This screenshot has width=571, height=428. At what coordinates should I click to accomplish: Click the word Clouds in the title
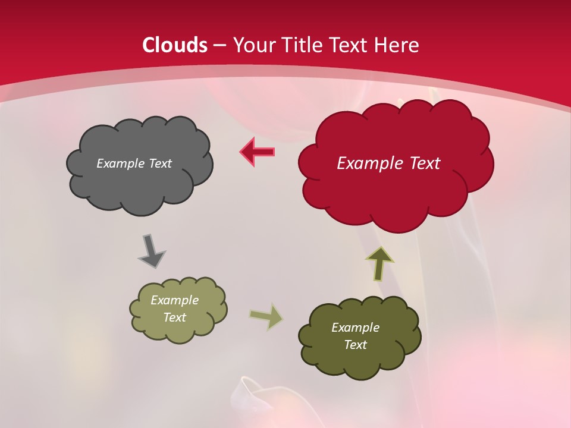click(175, 45)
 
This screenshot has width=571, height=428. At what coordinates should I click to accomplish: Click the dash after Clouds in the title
click(219, 46)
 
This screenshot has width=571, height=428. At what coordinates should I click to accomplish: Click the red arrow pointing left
click(257, 152)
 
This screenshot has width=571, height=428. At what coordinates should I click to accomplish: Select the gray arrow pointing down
click(151, 251)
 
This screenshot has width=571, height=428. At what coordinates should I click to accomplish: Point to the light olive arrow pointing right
click(266, 316)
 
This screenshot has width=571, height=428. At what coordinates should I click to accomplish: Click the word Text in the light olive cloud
click(175, 317)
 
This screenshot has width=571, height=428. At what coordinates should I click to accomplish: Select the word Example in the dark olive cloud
click(355, 328)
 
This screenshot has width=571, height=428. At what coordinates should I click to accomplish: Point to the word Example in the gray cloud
click(120, 163)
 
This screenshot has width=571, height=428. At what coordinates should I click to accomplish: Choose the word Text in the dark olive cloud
click(355, 345)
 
